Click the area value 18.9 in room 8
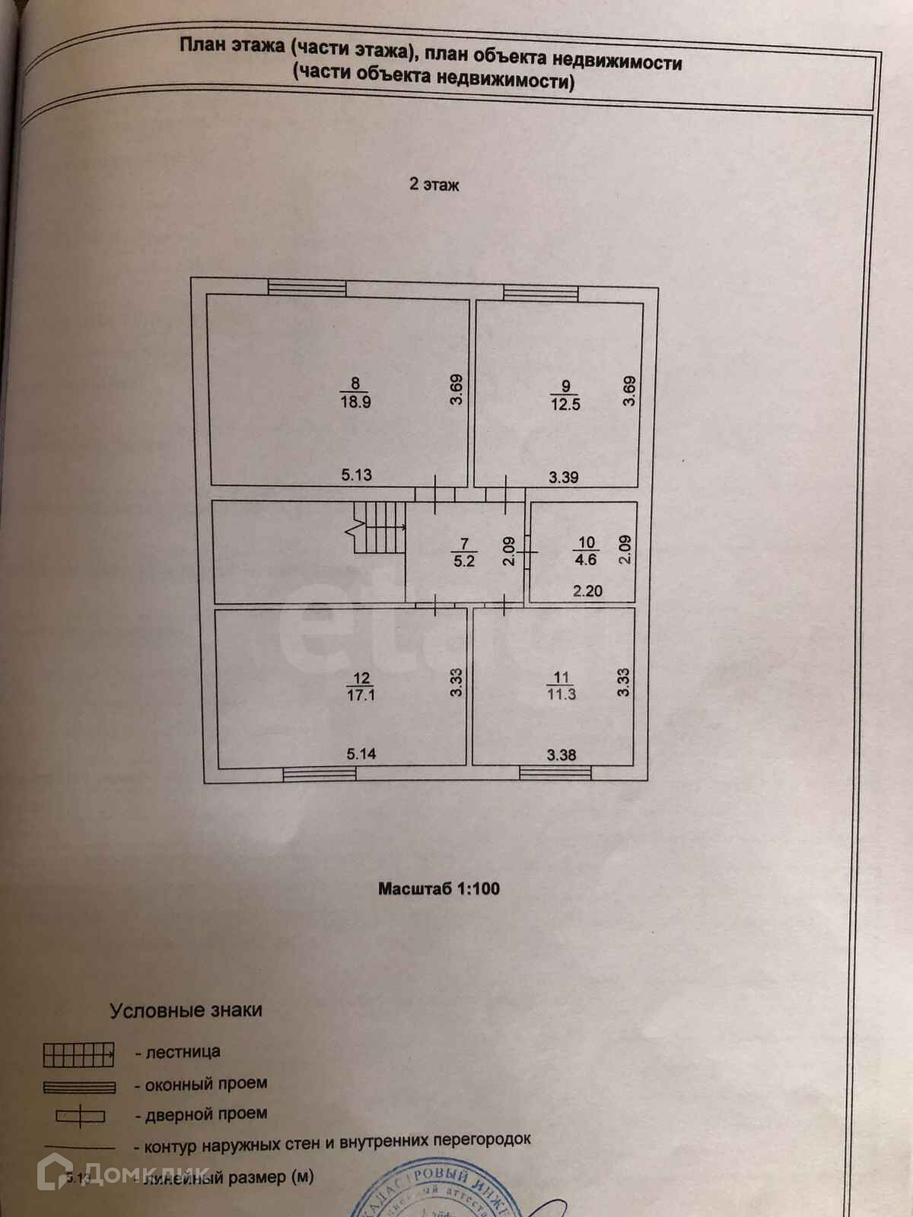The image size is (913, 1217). click(355, 402)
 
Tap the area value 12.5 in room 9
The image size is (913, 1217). click(565, 405)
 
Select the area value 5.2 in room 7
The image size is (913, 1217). click(464, 561)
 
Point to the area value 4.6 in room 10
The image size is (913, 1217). click(586, 560)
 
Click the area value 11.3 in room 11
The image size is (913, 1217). click(561, 694)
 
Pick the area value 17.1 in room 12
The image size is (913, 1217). click(361, 694)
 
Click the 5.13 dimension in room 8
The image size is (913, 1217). click(356, 475)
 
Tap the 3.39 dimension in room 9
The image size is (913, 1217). click(564, 478)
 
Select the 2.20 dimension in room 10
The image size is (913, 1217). click(587, 590)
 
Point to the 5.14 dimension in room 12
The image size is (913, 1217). click(361, 755)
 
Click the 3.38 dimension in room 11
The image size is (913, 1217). click(561, 755)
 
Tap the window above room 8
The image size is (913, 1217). click(307, 288)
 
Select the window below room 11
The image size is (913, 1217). click(555, 773)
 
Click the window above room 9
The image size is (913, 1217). click(541, 292)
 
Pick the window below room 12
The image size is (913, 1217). click(320, 774)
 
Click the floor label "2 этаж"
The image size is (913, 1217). click(434, 184)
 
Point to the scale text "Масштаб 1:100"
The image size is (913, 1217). click(439, 888)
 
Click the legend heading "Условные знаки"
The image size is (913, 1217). click(186, 1011)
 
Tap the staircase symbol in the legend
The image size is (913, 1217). click(78, 1054)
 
